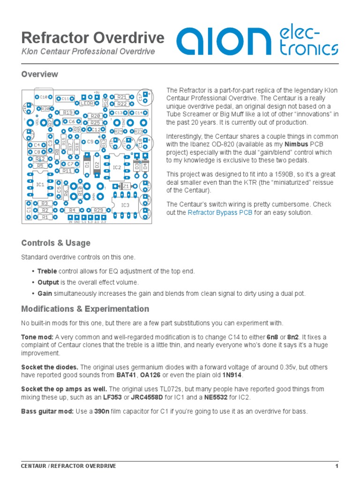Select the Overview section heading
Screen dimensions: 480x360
[x=40, y=74]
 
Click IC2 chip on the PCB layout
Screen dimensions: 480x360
[x=117, y=167]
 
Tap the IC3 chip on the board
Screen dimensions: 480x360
[x=125, y=205]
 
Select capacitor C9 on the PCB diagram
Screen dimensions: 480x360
[x=90, y=142]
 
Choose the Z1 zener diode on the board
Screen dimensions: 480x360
[x=126, y=187]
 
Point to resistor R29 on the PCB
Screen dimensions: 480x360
[x=98, y=210]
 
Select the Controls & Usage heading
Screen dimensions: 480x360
[x=56, y=243]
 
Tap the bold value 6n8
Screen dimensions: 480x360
[x=273, y=337]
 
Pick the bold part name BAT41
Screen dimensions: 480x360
[x=126, y=375]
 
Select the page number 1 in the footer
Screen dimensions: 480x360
[x=337, y=466]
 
